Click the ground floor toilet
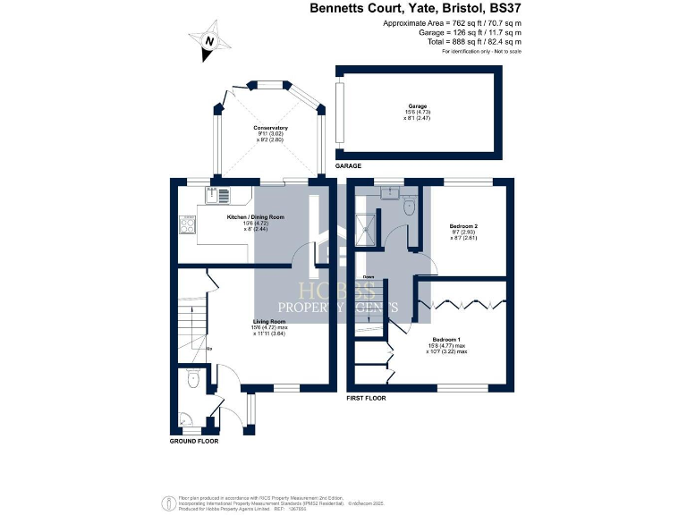pos(193,379)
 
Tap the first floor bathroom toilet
pos(409,207)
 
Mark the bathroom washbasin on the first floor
pos(389,191)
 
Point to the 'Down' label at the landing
pos(368,277)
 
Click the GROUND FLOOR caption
pos(194,441)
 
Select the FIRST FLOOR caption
pos(366,397)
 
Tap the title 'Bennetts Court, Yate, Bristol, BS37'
pos(415,9)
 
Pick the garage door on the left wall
pos(340,112)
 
